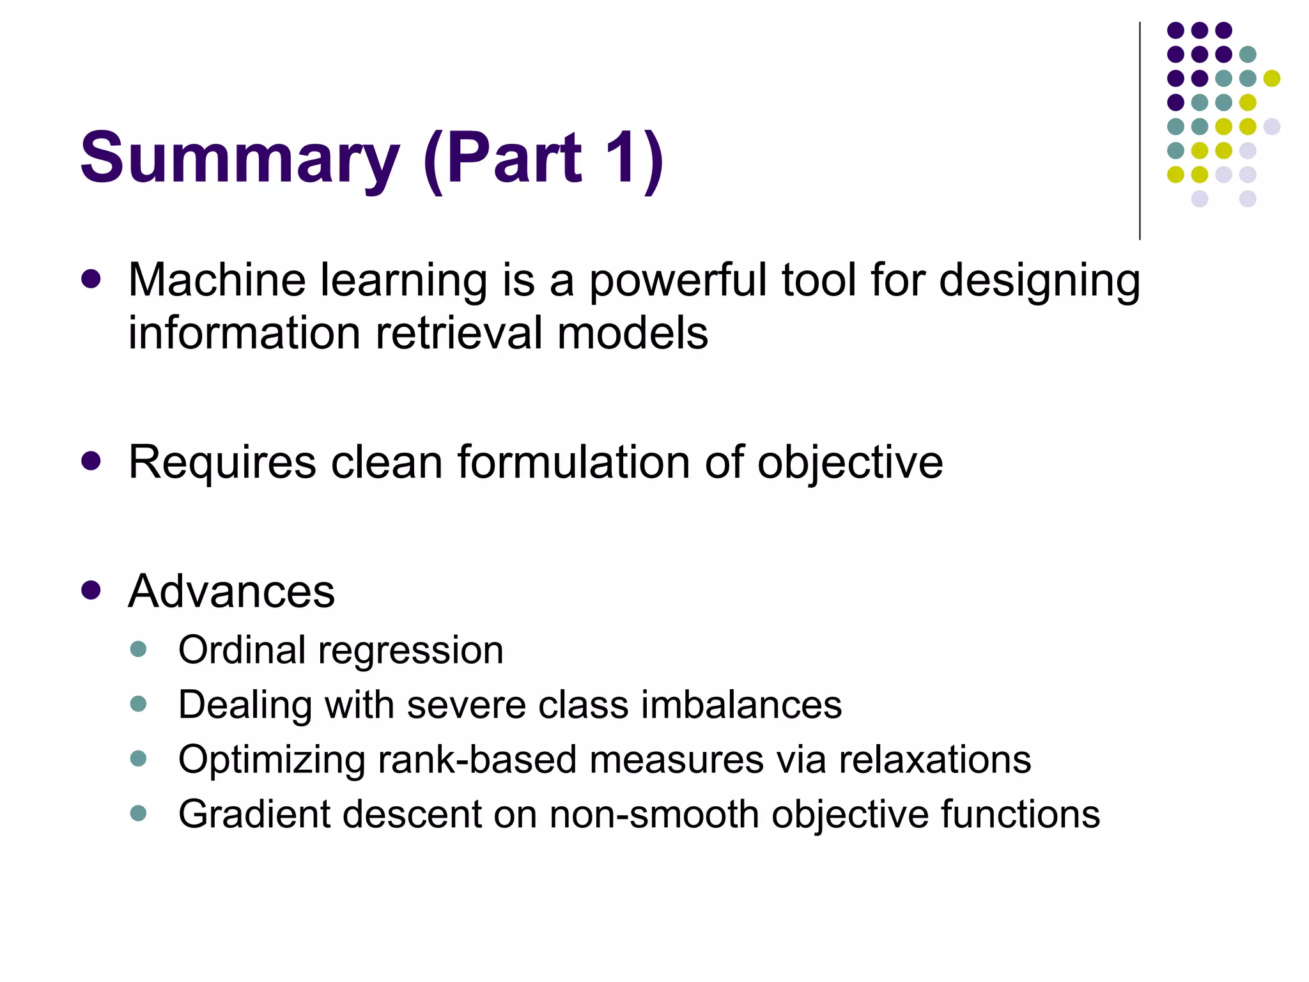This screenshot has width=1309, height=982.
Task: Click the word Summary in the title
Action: coord(240,158)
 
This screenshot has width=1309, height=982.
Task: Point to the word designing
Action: coord(1039,281)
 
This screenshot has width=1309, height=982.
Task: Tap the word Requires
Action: coord(222,463)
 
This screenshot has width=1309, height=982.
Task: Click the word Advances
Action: coord(231,591)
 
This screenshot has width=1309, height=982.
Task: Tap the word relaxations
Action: coord(934,760)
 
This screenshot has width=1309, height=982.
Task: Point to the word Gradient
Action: coord(254,814)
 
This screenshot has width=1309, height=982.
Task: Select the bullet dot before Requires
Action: coord(91,461)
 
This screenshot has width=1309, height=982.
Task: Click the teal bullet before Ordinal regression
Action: coord(138,650)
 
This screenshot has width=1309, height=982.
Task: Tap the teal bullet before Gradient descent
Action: coord(138,813)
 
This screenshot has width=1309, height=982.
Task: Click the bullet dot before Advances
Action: coord(91,590)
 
